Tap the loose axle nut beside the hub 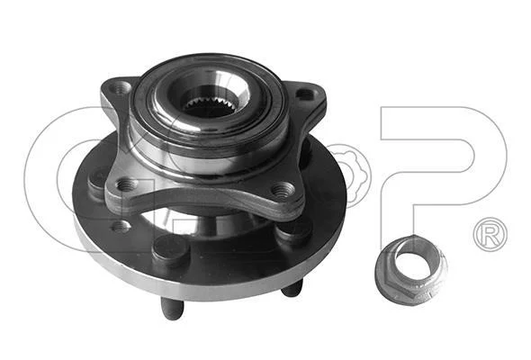[411, 270]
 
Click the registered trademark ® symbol [490, 234]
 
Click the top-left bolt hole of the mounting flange [121, 89]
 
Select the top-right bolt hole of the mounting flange [305, 94]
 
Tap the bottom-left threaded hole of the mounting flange [127, 184]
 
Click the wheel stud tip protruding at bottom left [173, 309]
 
